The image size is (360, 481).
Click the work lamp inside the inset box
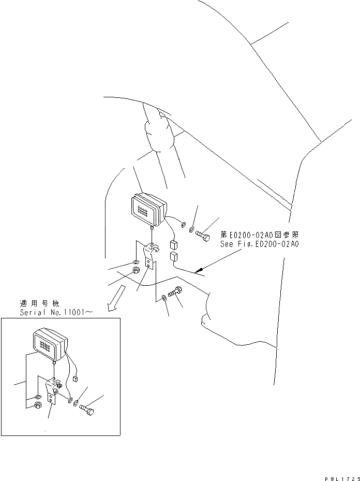click(x=50, y=344)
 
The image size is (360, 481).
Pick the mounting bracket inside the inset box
click(x=53, y=391)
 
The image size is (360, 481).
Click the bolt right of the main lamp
click(x=202, y=236)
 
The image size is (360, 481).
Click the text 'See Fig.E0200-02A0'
click(x=259, y=244)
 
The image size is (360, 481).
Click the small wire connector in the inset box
click(x=76, y=379)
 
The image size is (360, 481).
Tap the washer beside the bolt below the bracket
click(x=164, y=297)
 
